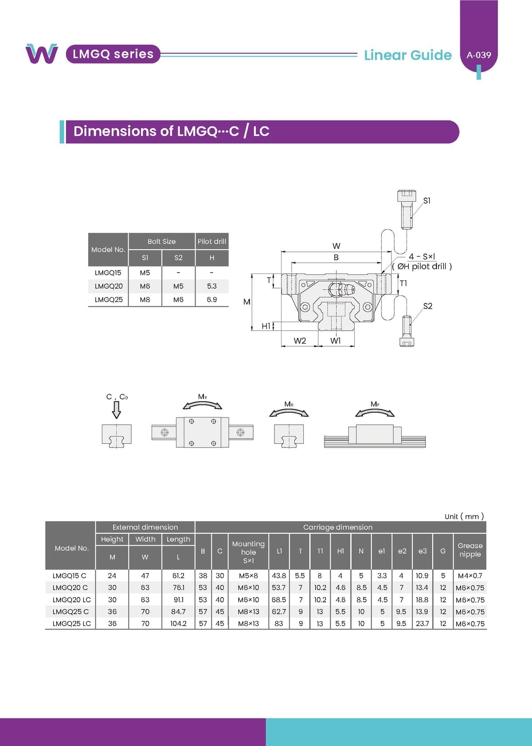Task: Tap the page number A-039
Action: coord(479,55)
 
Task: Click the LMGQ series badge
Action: coord(113,54)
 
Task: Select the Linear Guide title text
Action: coord(408,55)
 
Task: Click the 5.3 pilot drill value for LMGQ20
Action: coord(211,286)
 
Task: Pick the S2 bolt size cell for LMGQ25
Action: coord(178,300)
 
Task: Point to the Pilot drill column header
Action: coord(212,242)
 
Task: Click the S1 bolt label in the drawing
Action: coord(427,200)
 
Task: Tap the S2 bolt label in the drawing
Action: coord(428,306)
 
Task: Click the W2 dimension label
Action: coord(300,341)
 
